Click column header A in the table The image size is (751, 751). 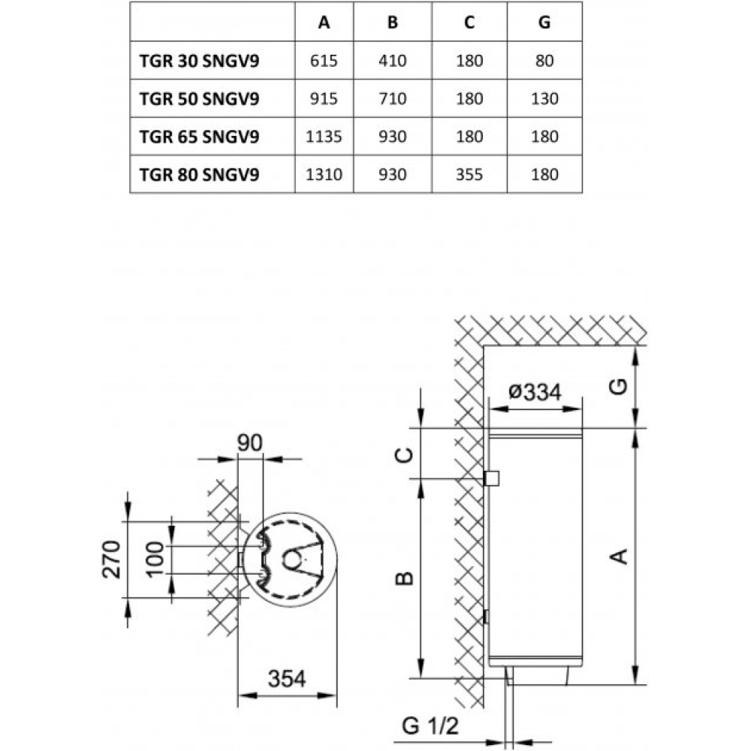324,23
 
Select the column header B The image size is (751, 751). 393,23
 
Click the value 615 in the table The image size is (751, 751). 324,62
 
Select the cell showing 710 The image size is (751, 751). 393,99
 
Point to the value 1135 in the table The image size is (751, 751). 324,137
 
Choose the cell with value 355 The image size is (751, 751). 469,175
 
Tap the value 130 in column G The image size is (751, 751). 544,99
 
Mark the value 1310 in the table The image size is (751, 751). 324,175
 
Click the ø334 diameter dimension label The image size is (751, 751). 535,392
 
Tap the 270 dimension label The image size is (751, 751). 112,559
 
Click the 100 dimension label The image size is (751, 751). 155,559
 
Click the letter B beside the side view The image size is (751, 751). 403,578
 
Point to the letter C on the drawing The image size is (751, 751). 403,454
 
